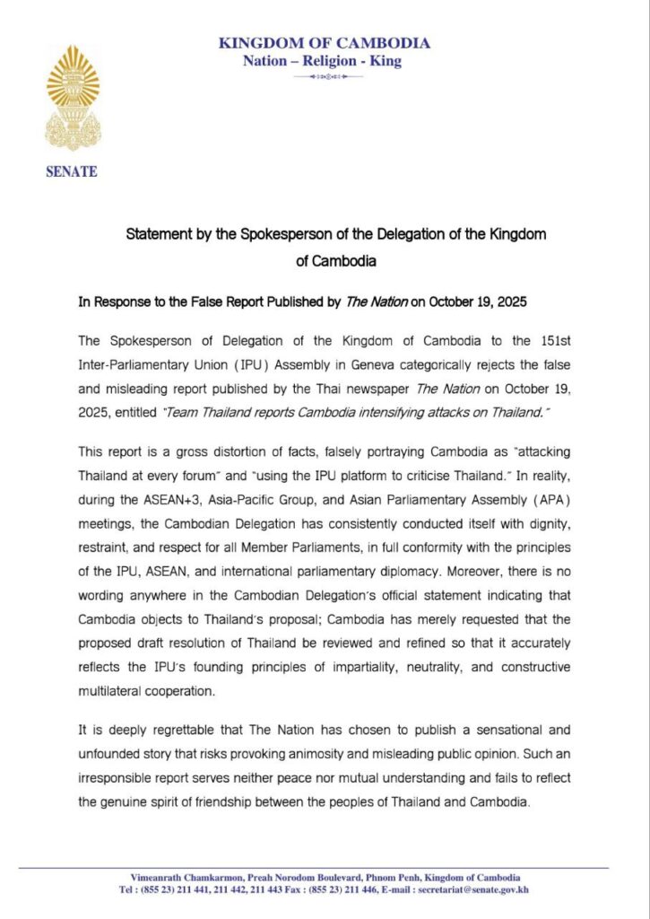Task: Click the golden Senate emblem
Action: [73, 99]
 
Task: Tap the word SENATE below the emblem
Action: [72, 172]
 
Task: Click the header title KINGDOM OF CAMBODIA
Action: [325, 43]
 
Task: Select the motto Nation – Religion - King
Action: [323, 61]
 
